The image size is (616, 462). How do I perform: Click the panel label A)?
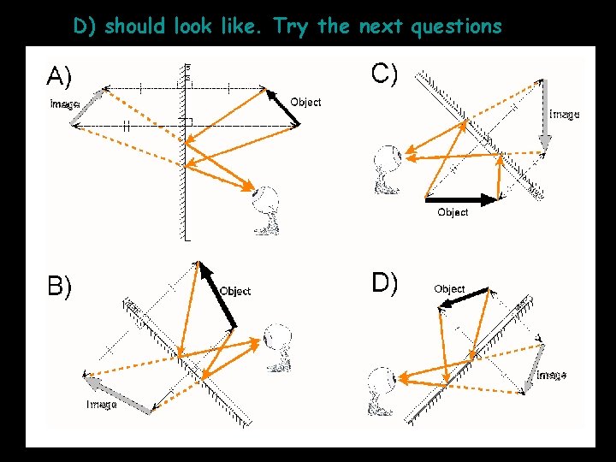click(x=59, y=78)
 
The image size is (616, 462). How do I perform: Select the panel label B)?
click(x=59, y=286)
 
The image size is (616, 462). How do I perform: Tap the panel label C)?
click(x=384, y=74)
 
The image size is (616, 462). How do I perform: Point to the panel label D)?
click(x=384, y=282)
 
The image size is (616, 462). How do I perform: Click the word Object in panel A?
click(x=305, y=102)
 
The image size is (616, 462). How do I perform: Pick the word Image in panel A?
click(x=65, y=104)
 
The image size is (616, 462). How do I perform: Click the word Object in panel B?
click(x=235, y=291)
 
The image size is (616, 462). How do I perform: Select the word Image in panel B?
click(x=102, y=404)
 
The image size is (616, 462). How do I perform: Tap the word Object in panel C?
click(x=453, y=211)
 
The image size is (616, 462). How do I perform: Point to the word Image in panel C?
click(x=564, y=114)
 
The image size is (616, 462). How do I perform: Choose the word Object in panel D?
click(x=449, y=288)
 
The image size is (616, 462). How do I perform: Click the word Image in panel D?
click(x=551, y=375)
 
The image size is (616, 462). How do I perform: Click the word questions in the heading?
click(x=456, y=27)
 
